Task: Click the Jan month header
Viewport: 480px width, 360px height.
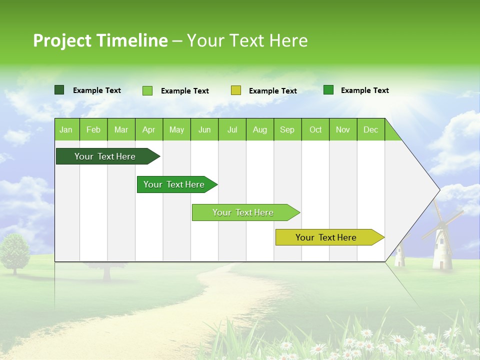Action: pos(66,129)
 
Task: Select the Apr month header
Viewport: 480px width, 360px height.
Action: pos(148,129)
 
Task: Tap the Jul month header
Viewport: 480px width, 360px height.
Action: pos(232,129)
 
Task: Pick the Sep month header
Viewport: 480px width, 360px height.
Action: pos(287,129)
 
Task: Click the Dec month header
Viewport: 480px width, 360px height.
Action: pos(370,129)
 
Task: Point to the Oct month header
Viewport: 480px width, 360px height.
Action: pos(315,129)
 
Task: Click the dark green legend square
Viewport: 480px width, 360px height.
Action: pos(59,90)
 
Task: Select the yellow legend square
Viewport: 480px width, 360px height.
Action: pos(236,90)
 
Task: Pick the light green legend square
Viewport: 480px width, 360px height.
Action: pos(147,90)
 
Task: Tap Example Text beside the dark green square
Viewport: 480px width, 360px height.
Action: pos(97,90)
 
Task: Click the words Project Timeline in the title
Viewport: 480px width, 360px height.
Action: pos(100,40)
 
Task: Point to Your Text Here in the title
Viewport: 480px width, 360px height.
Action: pos(247,40)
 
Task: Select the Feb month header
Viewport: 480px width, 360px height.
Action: pos(93,129)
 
